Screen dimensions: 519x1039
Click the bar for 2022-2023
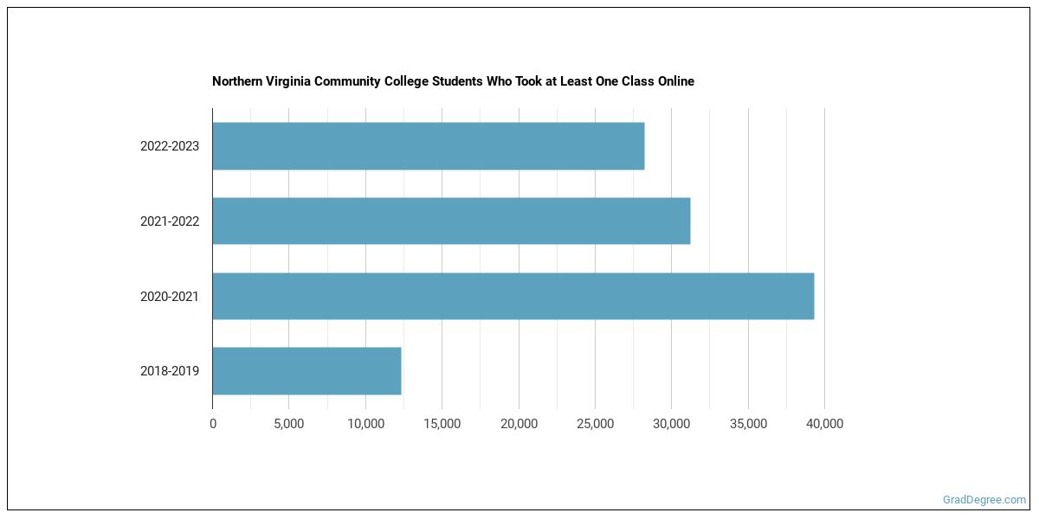429,146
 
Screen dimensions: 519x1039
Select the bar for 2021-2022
451,221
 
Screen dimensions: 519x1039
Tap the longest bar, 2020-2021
513,296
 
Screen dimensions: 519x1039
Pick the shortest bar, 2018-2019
307,371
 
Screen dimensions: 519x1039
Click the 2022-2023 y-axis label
170,146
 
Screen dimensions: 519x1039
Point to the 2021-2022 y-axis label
170,221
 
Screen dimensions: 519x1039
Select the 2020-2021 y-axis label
170,297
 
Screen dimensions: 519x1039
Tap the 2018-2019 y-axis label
170,371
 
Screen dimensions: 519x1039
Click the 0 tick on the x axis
213,424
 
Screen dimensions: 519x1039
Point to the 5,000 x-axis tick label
288,424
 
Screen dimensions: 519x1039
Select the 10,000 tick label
365,424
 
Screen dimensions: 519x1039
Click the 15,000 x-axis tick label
442,424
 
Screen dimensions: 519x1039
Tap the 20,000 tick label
519,424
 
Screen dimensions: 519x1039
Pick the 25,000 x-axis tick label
595,424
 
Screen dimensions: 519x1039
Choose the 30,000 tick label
671,424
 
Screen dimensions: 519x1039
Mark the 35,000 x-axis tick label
748,424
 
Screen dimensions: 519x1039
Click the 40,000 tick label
824,424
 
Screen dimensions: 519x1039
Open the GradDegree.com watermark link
984,499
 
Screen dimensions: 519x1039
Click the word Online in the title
674,81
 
